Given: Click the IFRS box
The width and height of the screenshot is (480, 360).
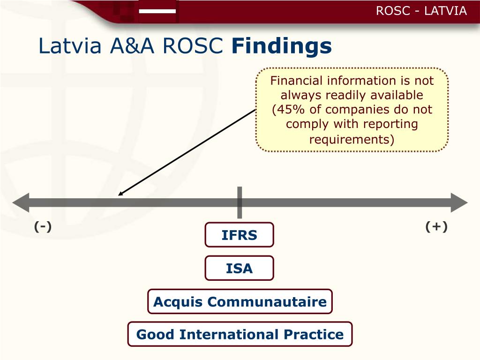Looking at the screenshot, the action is click(x=239, y=235).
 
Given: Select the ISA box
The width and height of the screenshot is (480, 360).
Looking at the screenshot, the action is click(x=239, y=268).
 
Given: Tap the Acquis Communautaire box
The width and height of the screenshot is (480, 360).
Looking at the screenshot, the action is click(x=240, y=301).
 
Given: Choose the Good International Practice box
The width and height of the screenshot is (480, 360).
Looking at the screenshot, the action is click(x=240, y=334).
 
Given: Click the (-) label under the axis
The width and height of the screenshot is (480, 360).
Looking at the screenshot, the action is click(x=43, y=227).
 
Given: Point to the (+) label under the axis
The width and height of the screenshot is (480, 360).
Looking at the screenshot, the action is click(x=436, y=227).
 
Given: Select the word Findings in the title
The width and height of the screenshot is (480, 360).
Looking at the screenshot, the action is click(x=282, y=46).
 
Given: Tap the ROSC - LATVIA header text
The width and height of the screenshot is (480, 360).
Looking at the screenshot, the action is click(x=421, y=11).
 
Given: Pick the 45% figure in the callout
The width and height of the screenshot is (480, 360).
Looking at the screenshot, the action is click(x=290, y=110).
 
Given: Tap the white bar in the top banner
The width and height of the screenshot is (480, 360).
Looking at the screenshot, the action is click(x=157, y=11).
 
